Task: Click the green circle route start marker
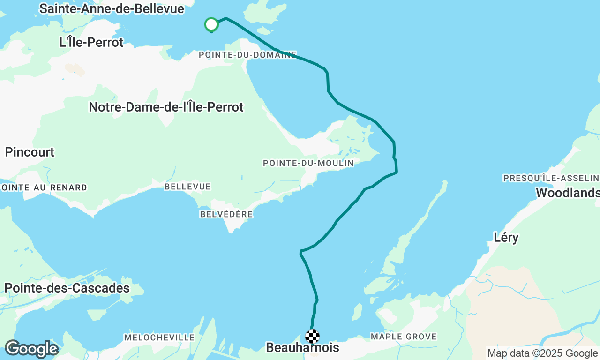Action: [x=211, y=24]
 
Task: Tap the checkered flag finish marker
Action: [x=313, y=336]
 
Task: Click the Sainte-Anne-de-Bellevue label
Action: [x=112, y=8]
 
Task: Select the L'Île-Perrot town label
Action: [x=91, y=42]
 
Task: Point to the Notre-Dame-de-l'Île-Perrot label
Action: [x=166, y=107]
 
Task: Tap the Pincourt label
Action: [x=30, y=152]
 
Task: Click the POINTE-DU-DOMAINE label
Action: [x=247, y=55]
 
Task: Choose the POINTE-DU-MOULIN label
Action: [x=308, y=163]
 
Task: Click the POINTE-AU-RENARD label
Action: [x=43, y=187]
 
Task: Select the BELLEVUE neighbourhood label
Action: [x=187, y=187]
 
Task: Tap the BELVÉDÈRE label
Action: [x=226, y=214]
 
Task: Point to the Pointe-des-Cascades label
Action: [x=67, y=288]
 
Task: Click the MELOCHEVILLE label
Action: [x=159, y=337]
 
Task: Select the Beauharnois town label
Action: [x=302, y=348]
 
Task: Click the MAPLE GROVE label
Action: [x=404, y=337]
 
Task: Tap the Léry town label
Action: [x=506, y=237]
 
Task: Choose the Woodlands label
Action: [x=567, y=193]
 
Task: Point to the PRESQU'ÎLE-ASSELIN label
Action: [x=551, y=178]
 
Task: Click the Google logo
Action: [x=31, y=349]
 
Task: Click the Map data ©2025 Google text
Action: [x=542, y=353]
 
